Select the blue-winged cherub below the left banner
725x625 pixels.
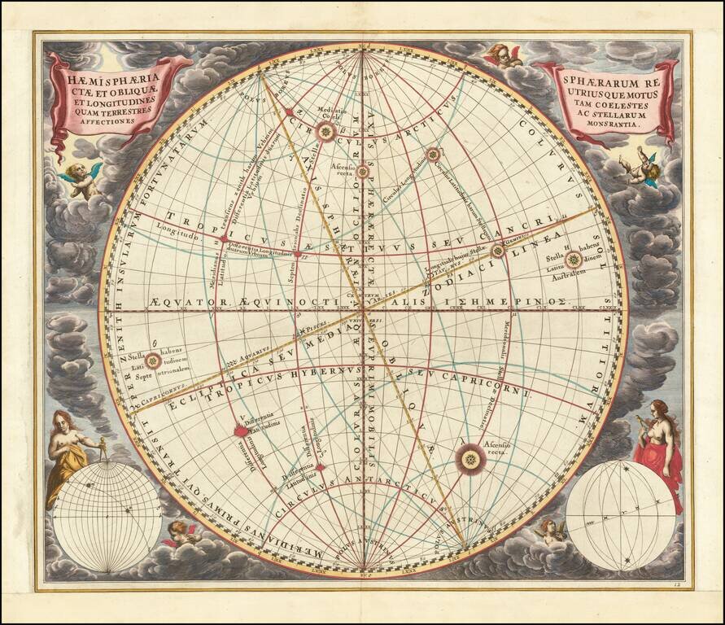point(81,178)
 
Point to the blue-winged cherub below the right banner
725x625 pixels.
point(644,167)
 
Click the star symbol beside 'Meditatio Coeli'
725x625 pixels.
point(326,133)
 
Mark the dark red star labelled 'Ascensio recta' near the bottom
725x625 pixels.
point(470,461)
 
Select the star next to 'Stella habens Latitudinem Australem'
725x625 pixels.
point(574,260)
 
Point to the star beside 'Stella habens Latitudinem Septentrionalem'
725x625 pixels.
point(152,361)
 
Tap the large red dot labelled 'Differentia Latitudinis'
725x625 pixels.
point(241,431)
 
